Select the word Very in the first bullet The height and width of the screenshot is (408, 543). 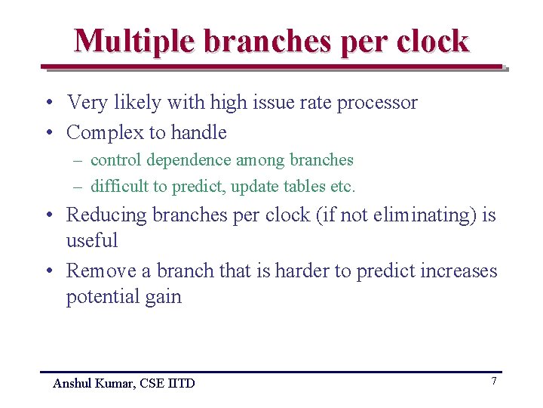pos(87,103)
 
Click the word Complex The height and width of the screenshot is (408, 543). pos(104,133)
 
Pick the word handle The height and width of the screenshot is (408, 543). pos(199,133)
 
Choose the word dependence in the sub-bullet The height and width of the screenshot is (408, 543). pos(189,160)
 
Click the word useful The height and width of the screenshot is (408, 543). pos(92,240)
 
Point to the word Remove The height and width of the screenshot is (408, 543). pos(100,270)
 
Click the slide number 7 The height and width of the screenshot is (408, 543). pos(494,381)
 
